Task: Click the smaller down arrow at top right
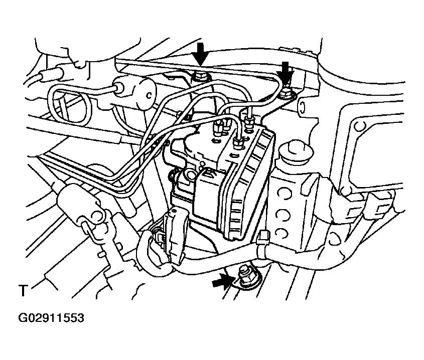[286, 73]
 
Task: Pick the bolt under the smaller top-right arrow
[287, 93]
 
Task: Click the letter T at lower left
[23, 290]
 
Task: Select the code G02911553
[51, 318]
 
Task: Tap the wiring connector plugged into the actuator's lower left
[173, 233]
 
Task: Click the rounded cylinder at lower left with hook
[78, 202]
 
